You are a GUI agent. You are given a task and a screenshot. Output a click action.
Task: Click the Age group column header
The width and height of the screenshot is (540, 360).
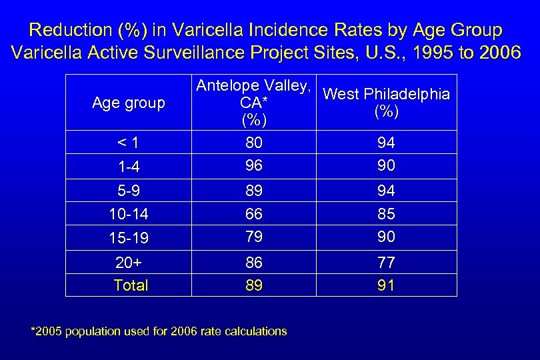click(x=128, y=103)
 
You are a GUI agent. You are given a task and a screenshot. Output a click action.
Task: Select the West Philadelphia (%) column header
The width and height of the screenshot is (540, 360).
click(x=386, y=102)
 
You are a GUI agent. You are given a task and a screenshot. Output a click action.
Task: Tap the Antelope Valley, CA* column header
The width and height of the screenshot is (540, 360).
click(x=254, y=102)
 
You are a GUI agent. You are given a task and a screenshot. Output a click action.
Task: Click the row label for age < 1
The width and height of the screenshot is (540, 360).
click(x=128, y=142)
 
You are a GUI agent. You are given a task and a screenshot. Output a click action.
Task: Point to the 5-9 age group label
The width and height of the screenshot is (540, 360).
click(x=129, y=191)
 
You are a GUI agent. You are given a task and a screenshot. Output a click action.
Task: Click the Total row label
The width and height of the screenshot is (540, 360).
click(x=131, y=285)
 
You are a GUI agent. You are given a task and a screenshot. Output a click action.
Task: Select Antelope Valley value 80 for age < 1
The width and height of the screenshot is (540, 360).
click(x=253, y=142)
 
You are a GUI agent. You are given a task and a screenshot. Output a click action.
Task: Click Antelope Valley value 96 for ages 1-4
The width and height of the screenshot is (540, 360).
click(x=253, y=165)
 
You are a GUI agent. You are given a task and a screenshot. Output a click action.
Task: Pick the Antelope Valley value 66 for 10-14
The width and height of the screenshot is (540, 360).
click(x=253, y=214)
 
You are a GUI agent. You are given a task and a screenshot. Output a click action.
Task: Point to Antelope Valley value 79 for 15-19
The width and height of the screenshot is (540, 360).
click(x=253, y=237)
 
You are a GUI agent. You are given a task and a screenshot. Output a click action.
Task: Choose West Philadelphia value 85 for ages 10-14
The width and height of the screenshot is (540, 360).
click(x=386, y=214)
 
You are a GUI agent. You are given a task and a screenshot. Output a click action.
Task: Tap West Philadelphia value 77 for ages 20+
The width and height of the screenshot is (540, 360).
click(x=386, y=262)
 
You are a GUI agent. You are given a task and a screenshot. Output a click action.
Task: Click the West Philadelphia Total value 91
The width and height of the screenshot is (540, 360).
click(x=386, y=285)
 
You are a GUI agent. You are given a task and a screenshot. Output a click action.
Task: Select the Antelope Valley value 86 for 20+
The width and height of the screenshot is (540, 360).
click(x=253, y=262)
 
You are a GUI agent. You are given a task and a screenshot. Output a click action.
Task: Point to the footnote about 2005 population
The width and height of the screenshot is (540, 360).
click(x=159, y=331)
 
